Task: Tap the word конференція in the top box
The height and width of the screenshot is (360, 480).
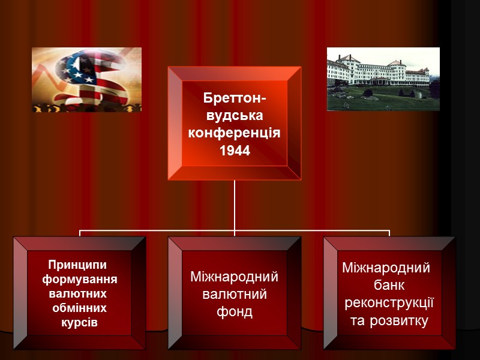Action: click(x=235, y=132)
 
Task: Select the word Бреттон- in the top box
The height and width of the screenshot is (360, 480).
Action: click(x=235, y=97)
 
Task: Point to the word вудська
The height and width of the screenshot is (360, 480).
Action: click(x=235, y=115)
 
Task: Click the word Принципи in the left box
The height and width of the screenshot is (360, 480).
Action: click(x=76, y=265)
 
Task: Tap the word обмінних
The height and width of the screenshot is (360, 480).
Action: click(x=80, y=308)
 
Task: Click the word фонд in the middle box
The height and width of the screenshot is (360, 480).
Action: click(x=235, y=312)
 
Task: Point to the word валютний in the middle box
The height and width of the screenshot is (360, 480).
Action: click(x=235, y=295)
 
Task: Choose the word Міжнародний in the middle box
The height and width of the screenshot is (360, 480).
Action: click(x=235, y=277)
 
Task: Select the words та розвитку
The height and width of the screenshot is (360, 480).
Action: click(x=389, y=321)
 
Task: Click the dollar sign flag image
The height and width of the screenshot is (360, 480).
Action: click(x=86, y=79)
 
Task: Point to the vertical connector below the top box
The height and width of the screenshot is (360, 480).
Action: click(x=235, y=204)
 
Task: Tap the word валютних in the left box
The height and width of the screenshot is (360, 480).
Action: click(x=77, y=294)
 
